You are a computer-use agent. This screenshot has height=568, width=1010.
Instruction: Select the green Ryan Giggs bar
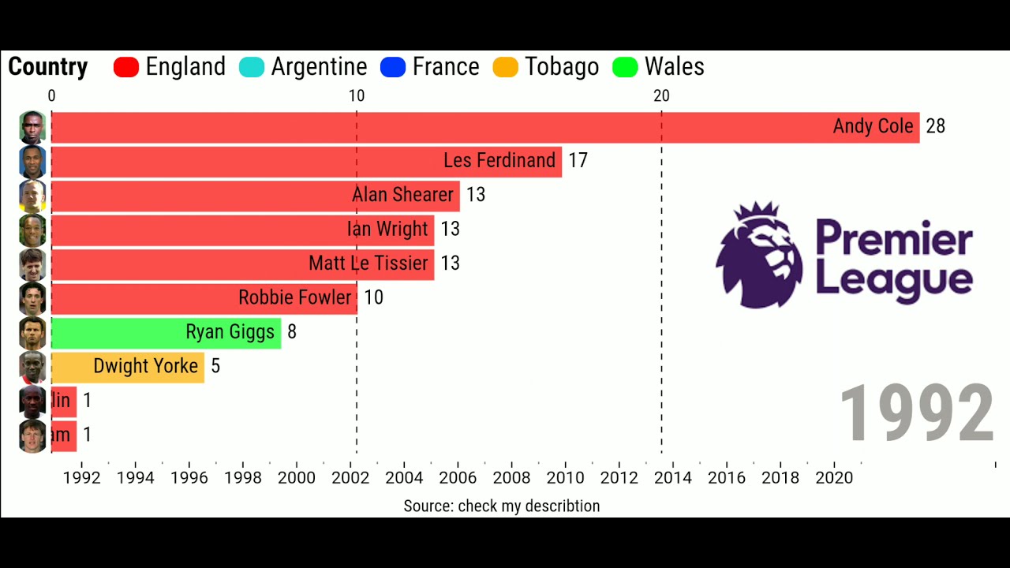[166, 332]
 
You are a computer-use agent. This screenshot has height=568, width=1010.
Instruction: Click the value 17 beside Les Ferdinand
[578, 161]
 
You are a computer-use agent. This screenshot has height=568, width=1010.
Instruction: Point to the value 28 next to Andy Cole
[935, 127]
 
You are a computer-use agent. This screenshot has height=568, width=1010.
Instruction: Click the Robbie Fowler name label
[294, 298]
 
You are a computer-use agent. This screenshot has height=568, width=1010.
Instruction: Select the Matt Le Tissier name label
[368, 263]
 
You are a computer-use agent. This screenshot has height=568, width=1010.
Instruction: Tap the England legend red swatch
[126, 67]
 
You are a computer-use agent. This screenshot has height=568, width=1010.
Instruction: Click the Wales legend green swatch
[625, 67]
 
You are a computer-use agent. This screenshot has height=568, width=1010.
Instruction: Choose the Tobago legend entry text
[561, 67]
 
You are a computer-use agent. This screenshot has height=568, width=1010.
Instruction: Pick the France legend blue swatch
[392, 67]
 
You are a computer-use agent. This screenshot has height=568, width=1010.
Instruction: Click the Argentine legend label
[319, 67]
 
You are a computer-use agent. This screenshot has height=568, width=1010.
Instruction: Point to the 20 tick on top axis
[661, 96]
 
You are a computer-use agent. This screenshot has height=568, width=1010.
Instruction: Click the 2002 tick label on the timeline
[350, 478]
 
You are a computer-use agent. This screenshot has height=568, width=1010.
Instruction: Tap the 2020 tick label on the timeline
[833, 478]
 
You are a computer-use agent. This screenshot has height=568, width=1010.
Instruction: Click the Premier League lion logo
[759, 254]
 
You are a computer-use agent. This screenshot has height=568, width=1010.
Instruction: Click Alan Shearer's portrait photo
[32, 196]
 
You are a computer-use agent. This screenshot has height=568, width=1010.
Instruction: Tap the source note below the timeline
[501, 506]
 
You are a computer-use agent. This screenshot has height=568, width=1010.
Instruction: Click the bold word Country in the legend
[47, 67]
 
